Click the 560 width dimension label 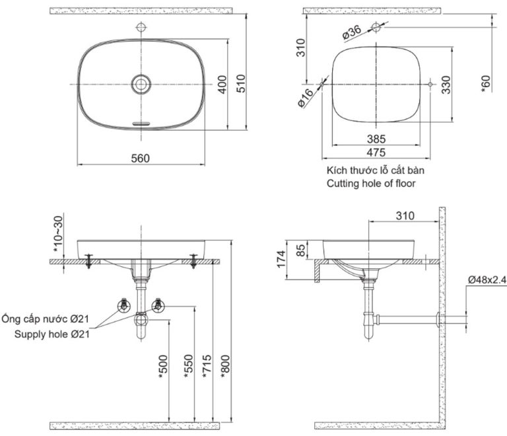(141, 158)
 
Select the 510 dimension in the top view (242, 83)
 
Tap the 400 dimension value (223, 84)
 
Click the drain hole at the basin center (141, 84)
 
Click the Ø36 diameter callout (351, 32)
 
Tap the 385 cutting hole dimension (376, 139)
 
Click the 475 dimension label (376, 154)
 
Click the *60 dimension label (487, 84)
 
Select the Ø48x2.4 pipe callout (486, 280)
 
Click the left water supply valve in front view (123, 305)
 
